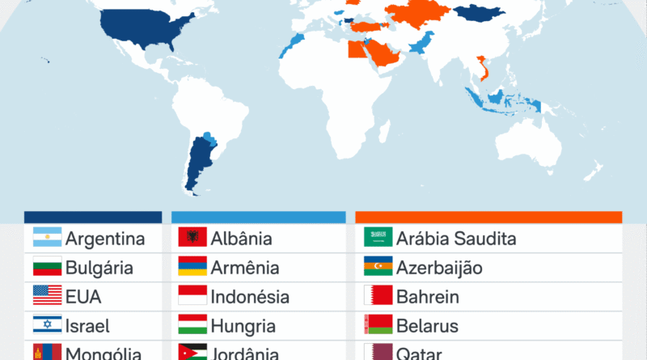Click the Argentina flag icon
click(x=47, y=238)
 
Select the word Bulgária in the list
click(x=100, y=268)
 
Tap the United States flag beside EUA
click(x=47, y=296)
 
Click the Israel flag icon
click(x=47, y=325)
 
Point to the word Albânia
click(x=241, y=239)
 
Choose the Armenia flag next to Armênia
click(x=192, y=267)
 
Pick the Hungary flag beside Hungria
click(x=192, y=325)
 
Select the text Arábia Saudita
click(x=456, y=239)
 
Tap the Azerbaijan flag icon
click(x=378, y=267)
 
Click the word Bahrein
click(x=427, y=297)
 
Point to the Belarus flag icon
click(x=378, y=325)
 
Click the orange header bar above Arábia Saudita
click(x=488, y=217)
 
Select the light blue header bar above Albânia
click(x=259, y=217)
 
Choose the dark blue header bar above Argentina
click(x=92, y=217)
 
